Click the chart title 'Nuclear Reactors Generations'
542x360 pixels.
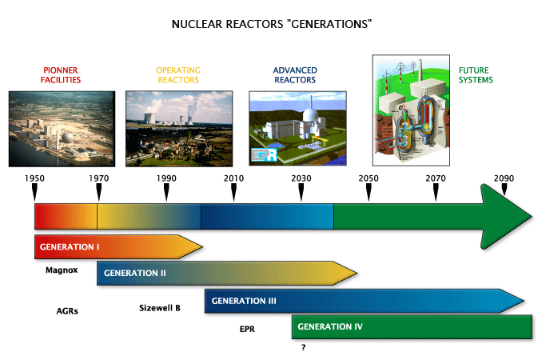point(271,25)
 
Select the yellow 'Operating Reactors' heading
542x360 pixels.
point(177,75)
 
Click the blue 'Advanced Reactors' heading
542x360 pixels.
point(294,75)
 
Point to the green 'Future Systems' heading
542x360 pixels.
point(476,75)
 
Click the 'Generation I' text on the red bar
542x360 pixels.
point(69,246)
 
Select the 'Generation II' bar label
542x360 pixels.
point(134,273)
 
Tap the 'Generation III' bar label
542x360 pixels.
point(244,301)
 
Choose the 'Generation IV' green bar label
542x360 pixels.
point(331,326)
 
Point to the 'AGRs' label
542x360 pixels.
point(67,309)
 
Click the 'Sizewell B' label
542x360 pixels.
point(160,307)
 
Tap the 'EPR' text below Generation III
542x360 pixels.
point(247,329)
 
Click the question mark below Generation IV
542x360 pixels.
point(303,348)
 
